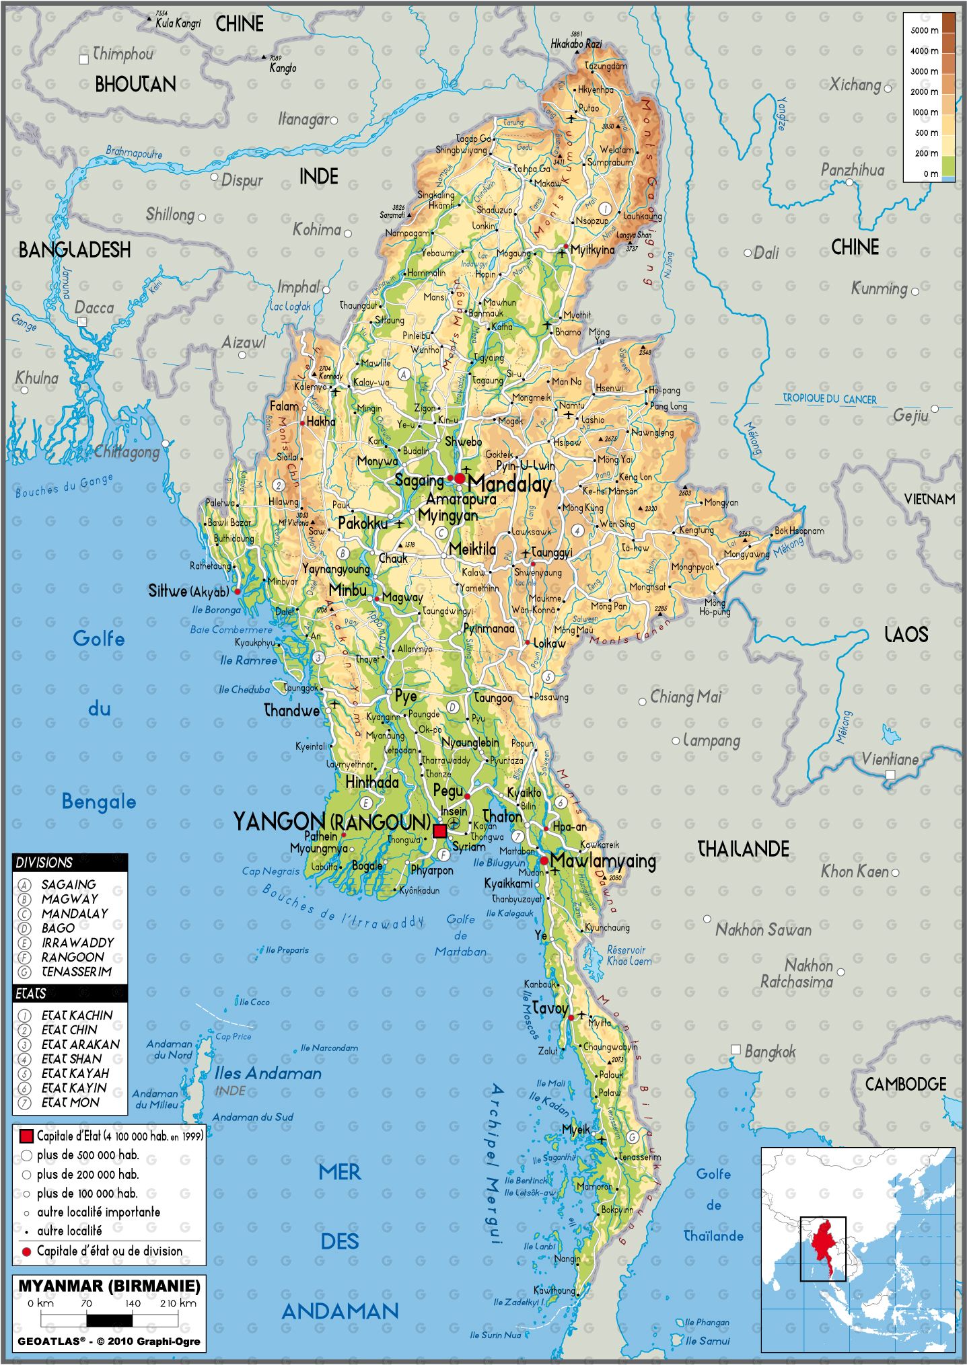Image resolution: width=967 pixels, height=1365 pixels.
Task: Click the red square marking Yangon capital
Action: [x=439, y=831]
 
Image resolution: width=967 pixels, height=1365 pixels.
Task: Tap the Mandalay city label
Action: [x=509, y=484]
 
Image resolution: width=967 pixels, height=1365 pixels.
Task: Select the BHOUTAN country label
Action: [x=135, y=85]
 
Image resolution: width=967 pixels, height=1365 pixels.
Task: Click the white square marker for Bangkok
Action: [x=736, y=1050]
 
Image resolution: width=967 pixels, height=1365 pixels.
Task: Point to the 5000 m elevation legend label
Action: [x=924, y=30]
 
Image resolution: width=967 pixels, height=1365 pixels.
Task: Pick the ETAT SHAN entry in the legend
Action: [x=71, y=1059]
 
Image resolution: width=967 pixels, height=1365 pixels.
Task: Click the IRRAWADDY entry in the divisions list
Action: [x=77, y=943]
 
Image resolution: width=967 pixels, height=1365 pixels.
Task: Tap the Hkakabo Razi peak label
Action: [x=576, y=44]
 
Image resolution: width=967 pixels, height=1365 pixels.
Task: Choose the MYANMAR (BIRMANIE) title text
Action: [x=109, y=1286]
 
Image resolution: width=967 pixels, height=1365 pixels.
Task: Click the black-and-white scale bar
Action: [x=109, y=1320]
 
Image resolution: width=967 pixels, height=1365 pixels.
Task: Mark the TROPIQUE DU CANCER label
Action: [x=830, y=399]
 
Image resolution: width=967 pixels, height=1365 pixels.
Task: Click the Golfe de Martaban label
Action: [x=460, y=935]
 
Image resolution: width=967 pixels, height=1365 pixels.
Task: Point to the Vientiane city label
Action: [x=890, y=759]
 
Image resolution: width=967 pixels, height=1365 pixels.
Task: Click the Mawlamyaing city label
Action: [x=602, y=861]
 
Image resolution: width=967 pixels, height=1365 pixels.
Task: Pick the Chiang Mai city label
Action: [x=685, y=697]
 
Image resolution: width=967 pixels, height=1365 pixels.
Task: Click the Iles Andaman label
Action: [x=268, y=1074]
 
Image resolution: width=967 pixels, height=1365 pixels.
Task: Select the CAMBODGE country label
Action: [x=905, y=1084]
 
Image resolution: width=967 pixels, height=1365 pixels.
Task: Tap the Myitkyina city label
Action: [x=592, y=250]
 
